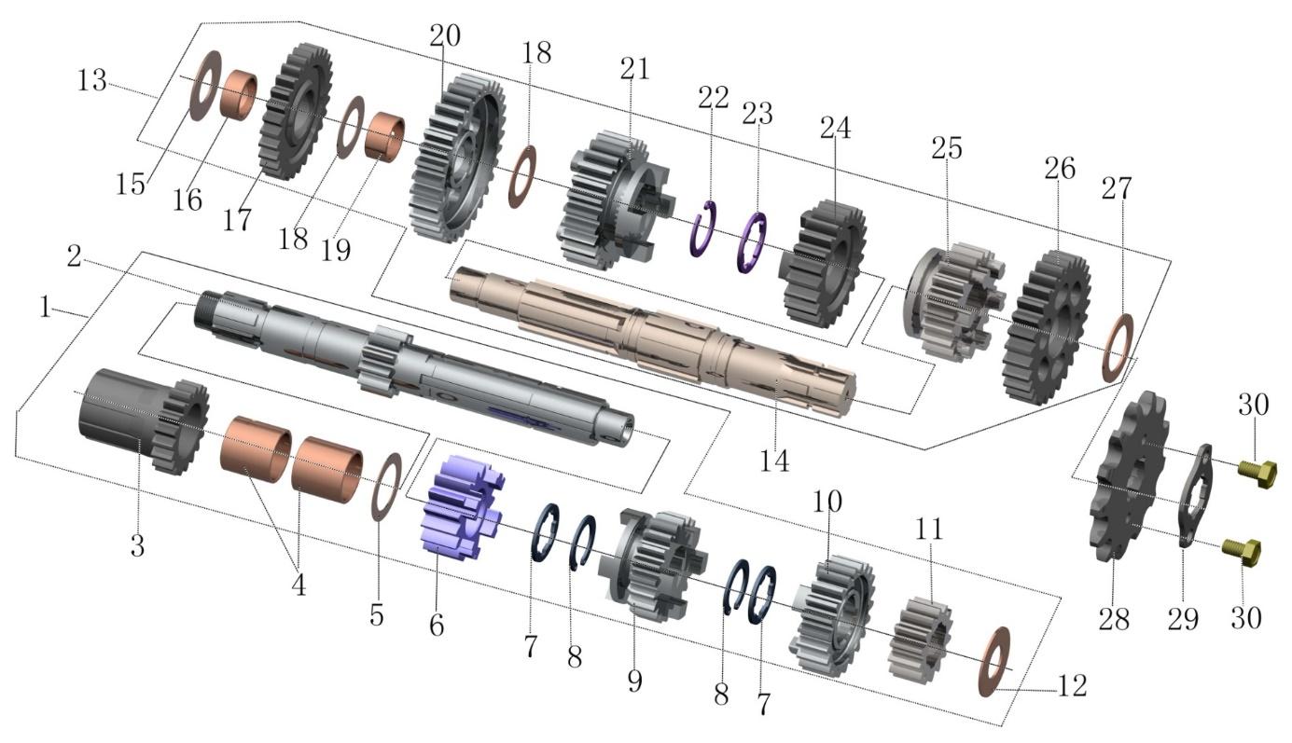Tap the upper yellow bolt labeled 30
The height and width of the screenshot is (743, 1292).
pyautogui.click(x=1256, y=475)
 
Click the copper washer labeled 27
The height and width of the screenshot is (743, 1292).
pyautogui.click(x=1118, y=349)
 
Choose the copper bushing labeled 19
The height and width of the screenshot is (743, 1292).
pyautogui.click(x=384, y=136)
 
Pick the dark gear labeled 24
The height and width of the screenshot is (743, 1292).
pyautogui.click(x=823, y=264)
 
